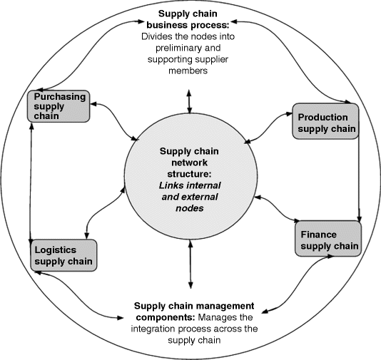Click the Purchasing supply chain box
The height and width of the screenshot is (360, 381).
pyautogui.click(x=59, y=106)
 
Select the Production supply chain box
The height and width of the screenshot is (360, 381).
pyautogui.click(x=325, y=122)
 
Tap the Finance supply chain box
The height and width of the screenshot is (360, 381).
pyautogui.click(x=327, y=240)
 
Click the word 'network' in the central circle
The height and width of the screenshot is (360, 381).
pyautogui.click(x=189, y=162)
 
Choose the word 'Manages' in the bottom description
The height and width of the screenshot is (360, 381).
pyautogui.click(x=218, y=316)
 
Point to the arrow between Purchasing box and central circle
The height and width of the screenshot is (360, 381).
pyautogui.click(x=114, y=122)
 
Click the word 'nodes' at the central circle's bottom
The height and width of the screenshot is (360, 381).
pyautogui.click(x=188, y=208)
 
